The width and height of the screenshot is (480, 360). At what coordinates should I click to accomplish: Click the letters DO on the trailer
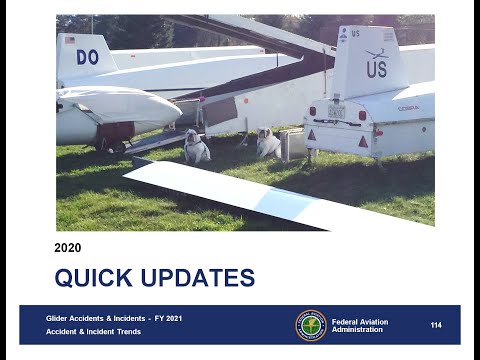(87, 57)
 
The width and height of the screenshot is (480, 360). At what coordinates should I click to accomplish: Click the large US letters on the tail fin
(376, 69)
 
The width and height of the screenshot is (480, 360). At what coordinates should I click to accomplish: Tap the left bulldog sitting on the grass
(196, 148)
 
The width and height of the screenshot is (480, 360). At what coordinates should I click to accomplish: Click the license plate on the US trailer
(337, 112)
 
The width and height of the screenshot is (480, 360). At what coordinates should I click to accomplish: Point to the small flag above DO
(69, 40)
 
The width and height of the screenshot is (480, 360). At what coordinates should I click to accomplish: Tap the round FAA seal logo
(310, 325)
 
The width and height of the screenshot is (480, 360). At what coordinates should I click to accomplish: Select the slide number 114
(436, 325)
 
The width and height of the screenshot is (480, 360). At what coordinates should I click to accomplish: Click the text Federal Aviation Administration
(360, 325)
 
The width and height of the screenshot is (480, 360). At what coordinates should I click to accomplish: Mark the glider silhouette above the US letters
(376, 53)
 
